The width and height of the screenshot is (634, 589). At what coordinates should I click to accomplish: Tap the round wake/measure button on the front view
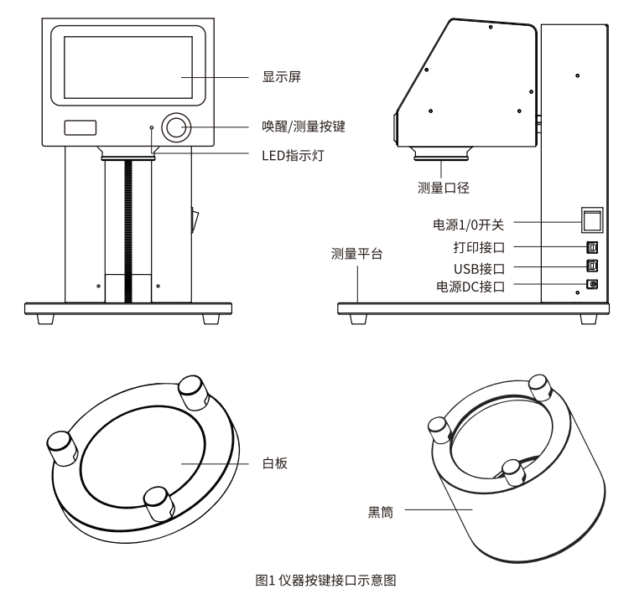[x=175, y=127]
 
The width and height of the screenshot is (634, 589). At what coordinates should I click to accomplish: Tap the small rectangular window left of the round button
[x=81, y=127]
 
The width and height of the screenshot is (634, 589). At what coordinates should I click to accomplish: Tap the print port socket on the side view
[x=592, y=247]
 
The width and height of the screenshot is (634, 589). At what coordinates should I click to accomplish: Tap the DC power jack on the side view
[x=592, y=284]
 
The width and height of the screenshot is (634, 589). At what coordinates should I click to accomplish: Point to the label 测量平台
[x=356, y=254]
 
